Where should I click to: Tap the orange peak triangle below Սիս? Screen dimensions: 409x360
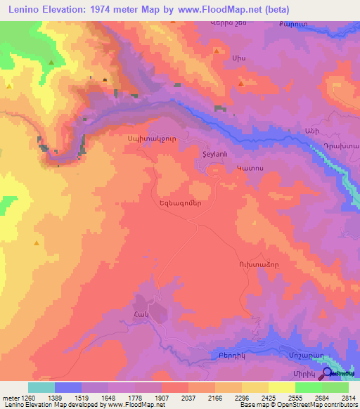(x=241, y=83)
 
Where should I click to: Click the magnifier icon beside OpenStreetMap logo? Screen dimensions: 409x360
(x=328, y=374)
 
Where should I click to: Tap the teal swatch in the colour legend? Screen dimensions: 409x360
(x=41, y=387)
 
